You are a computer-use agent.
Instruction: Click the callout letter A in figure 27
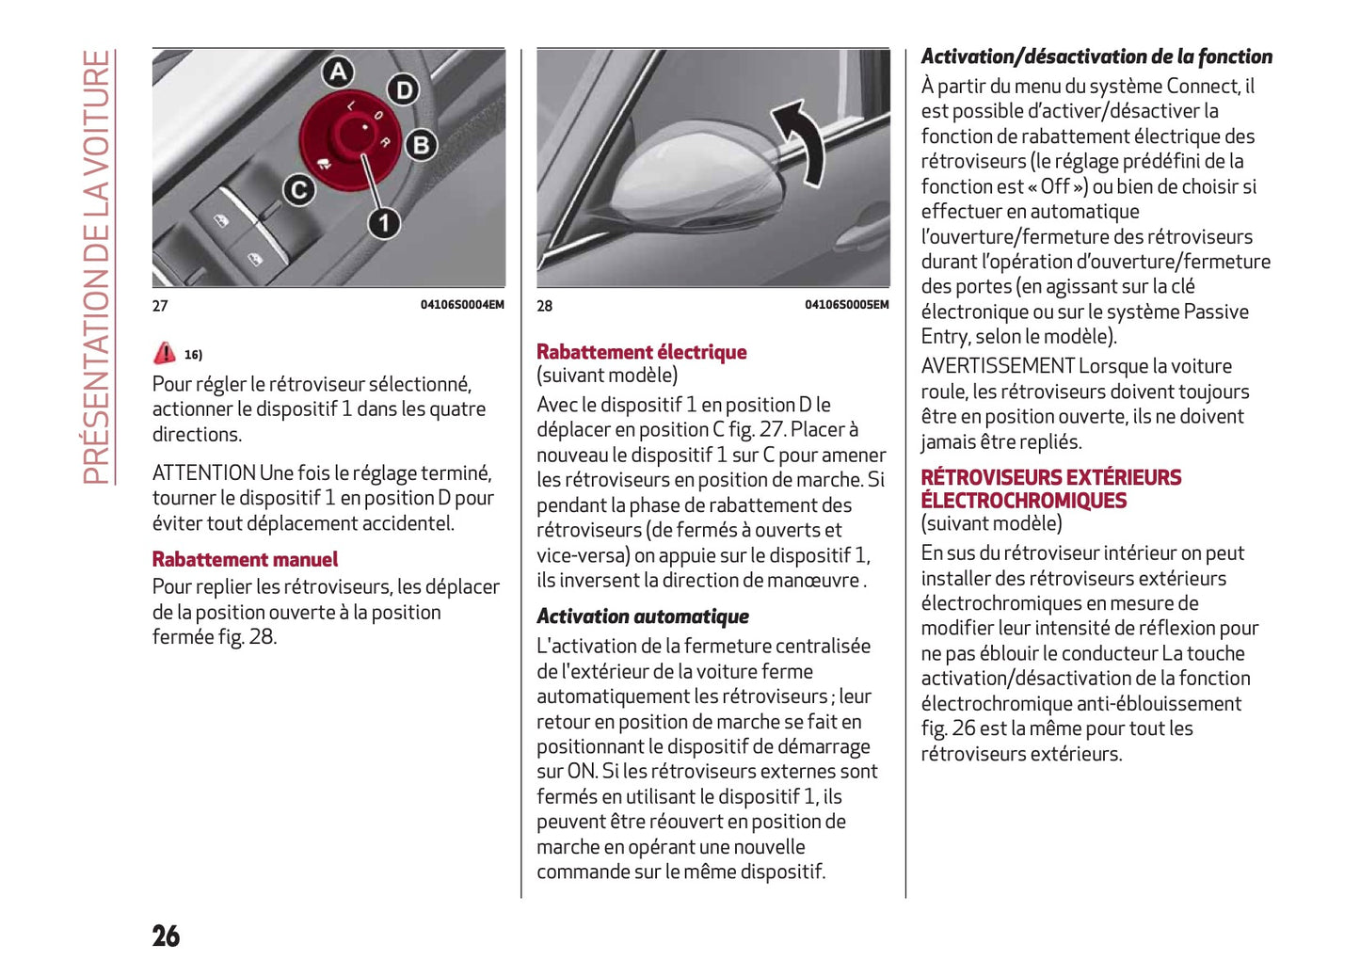[338, 72]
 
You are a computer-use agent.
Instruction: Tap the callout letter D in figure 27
[404, 89]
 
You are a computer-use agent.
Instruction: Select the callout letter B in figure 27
[421, 145]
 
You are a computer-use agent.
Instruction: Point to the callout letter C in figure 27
[298, 190]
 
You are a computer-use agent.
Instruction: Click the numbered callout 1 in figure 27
[383, 223]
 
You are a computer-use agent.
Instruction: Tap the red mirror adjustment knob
[351, 136]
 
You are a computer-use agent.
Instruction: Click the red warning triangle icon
[165, 353]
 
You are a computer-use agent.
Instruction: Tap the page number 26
[166, 936]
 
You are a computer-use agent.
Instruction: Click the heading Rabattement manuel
[245, 559]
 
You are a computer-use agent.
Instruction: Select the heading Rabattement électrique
[641, 352]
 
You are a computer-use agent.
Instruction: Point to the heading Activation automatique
[643, 616]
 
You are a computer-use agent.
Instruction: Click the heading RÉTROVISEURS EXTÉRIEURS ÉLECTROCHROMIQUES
[1050, 488]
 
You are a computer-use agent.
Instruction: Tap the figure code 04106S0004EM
[462, 305]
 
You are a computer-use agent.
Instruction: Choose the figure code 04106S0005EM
[846, 305]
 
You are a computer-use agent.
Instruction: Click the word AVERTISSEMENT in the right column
[997, 366]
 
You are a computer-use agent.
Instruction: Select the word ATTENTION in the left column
[204, 472]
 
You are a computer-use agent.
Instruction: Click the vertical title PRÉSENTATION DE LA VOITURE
[97, 267]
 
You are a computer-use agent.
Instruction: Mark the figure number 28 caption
[545, 306]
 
